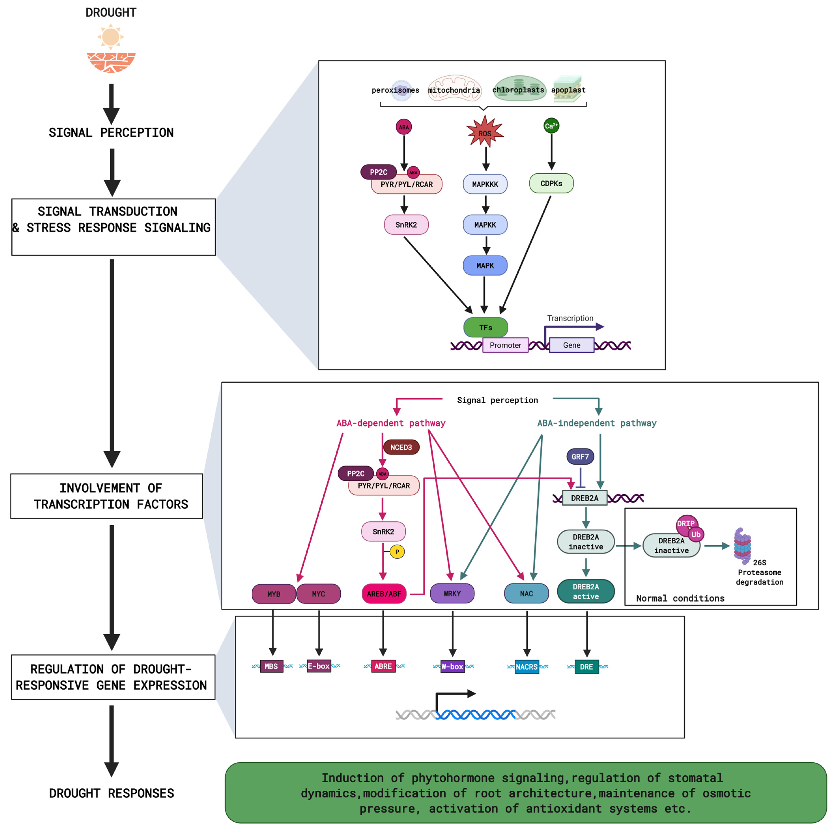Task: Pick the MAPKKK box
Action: coord(485,184)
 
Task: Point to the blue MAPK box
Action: coord(485,265)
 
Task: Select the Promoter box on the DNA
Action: coord(505,345)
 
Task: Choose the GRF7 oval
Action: coord(580,457)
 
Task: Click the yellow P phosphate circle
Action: coord(397,552)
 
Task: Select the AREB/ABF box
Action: coord(384,593)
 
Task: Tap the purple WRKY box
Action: coord(452,593)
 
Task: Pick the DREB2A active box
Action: coord(586,591)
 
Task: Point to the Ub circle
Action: coord(696,535)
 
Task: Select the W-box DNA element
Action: coord(452,666)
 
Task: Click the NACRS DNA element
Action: coord(527,667)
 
